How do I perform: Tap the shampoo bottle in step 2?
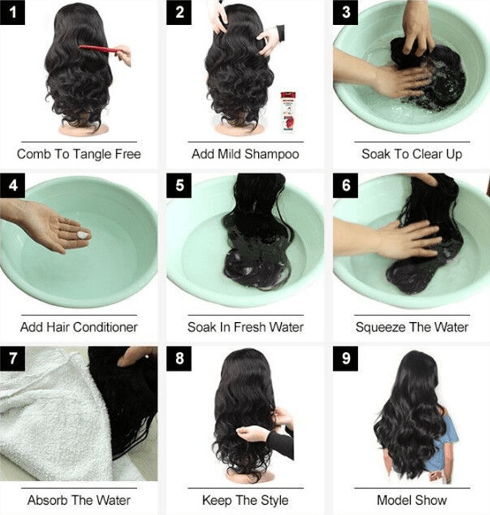pos(288,112)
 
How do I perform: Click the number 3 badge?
pos(345,12)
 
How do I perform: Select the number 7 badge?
pos(12,359)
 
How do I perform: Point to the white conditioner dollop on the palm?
pos(83,235)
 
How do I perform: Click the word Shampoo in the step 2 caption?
pos(271,154)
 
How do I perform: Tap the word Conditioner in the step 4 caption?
pos(105,326)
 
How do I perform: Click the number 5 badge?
pos(179,186)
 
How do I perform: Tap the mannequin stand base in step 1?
pos(83,129)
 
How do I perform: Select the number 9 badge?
pos(345,359)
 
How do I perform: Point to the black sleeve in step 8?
pos(281,443)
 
